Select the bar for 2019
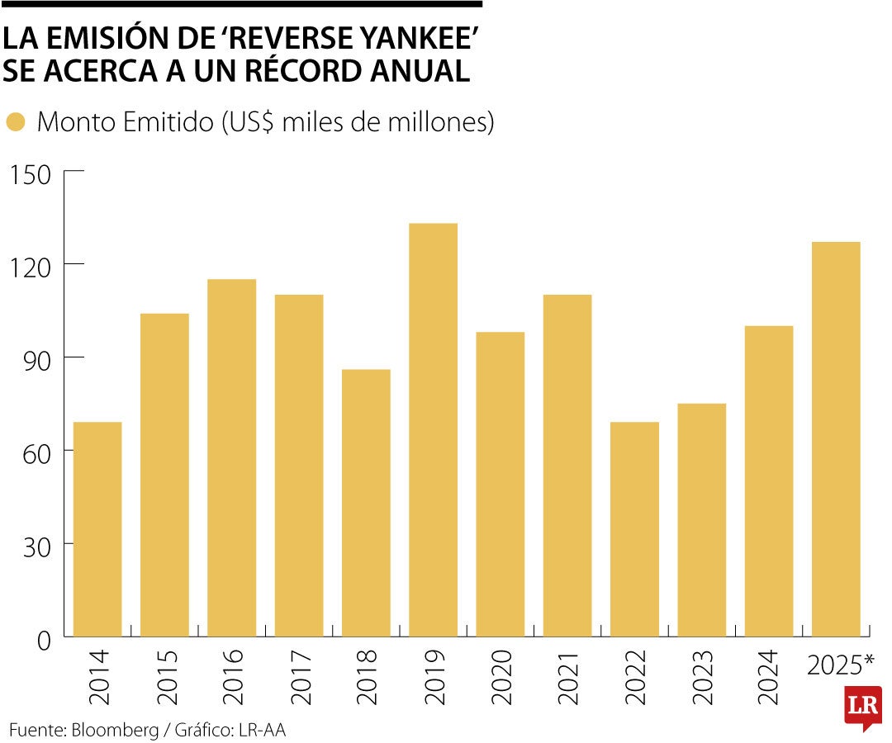pos(433,429)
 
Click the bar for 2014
pos(97,528)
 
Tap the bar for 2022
pos(634,528)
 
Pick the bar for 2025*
pos(836,438)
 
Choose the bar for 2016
pos(231,458)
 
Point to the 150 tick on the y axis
pos(31,175)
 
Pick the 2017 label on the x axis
pos(299,676)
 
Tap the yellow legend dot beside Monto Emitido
pos(16,123)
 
